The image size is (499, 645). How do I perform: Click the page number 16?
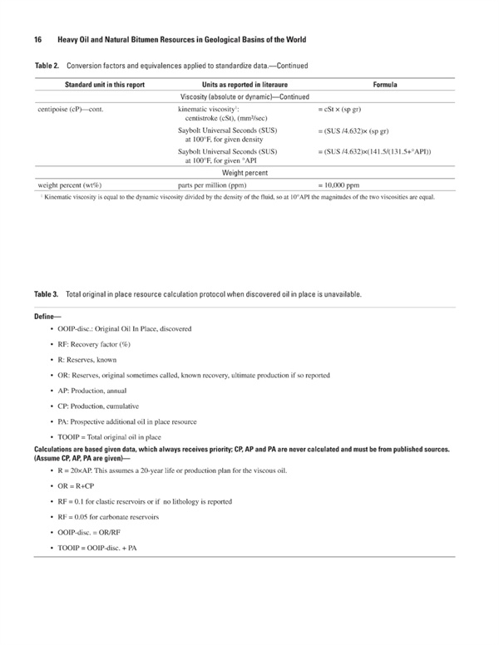[38, 40]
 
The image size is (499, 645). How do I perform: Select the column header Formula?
[385, 85]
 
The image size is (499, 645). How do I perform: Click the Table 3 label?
[47, 294]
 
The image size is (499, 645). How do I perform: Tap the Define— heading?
[50, 317]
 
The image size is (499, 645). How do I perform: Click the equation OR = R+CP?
[104, 487]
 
